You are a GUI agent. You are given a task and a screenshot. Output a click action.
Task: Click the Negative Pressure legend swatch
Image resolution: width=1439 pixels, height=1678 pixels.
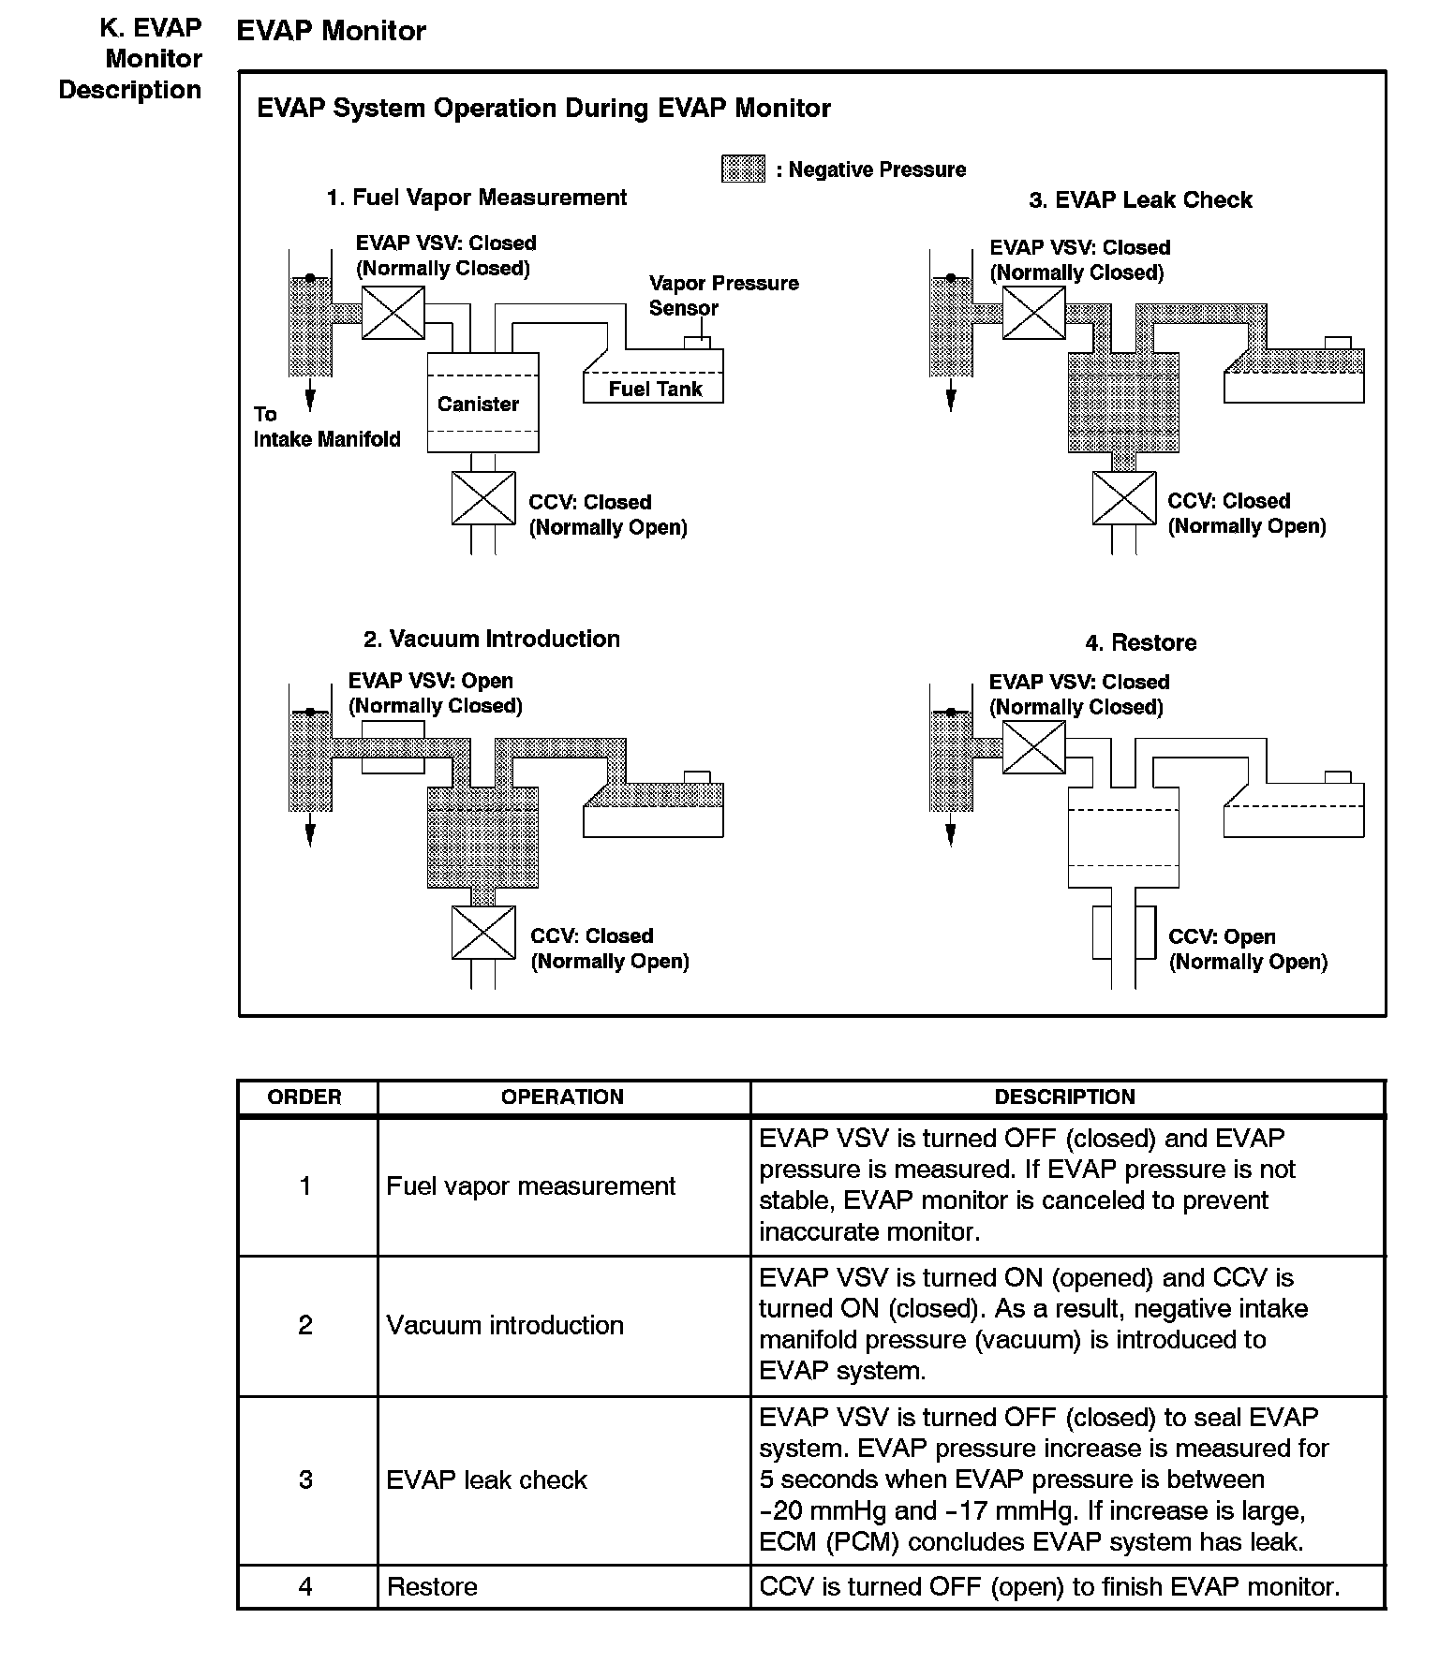(743, 169)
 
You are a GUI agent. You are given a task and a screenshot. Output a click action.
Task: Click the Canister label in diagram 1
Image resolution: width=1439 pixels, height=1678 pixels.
(478, 404)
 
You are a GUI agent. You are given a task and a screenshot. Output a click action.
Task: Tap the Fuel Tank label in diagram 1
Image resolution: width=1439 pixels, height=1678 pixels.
(655, 389)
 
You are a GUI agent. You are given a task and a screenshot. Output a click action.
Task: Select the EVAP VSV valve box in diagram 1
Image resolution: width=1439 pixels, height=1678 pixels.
(393, 313)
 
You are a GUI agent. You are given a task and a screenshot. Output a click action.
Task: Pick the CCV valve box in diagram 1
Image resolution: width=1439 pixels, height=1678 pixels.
(483, 498)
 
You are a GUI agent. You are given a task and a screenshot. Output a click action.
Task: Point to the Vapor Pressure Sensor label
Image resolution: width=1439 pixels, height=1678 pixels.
(723, 295)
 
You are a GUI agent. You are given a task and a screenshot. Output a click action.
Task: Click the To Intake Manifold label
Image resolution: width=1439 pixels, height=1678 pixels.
(326, 427)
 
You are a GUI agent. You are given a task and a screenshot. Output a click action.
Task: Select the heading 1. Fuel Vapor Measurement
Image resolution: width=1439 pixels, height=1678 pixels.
(477, 198)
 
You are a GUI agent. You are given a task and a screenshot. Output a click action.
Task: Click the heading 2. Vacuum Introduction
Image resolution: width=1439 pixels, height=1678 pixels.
(492, 639)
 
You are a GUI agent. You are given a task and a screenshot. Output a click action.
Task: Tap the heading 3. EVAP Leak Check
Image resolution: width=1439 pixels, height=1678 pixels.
(1140, 199)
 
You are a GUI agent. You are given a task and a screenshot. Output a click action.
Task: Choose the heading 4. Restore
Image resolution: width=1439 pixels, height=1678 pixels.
(1140, 642)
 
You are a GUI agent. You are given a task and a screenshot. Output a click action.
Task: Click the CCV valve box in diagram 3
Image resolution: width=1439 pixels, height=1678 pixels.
(1124, 498)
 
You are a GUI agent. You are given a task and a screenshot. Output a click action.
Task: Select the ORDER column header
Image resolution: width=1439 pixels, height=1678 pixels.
(305, 1097)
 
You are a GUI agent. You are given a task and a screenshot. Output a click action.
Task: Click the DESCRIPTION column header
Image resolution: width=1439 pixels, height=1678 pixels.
(1064, 1097)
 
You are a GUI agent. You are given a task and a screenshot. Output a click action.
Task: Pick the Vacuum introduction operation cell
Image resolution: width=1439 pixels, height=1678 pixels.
(505, 1325)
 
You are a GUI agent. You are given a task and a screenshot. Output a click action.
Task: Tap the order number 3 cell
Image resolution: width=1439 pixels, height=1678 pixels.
(305, 1479)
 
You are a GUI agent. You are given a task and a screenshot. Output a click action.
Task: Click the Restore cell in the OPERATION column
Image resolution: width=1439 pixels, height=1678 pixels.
(432, 1586)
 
